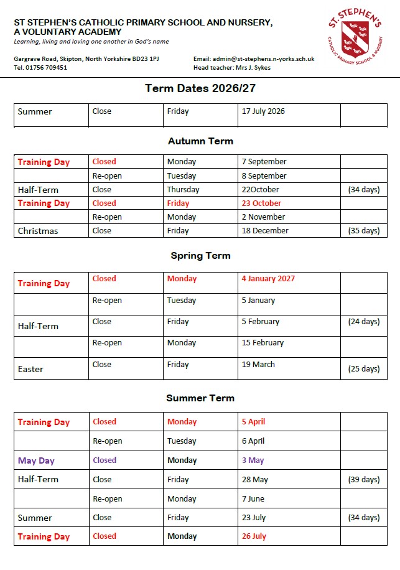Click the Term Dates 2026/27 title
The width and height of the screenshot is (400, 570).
click(x=200, y=88)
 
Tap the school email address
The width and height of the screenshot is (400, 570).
click(x=263, y=58)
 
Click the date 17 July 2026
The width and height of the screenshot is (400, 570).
click(x=263, y=111)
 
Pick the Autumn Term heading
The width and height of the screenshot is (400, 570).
click(x=200, y=141)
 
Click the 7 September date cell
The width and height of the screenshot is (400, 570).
click(x=264, y=162)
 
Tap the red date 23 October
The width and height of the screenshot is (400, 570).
click(x=261, y=203)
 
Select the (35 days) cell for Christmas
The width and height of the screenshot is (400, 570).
click(x=363, y=231)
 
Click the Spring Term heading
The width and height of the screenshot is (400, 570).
click(x=200, y=256)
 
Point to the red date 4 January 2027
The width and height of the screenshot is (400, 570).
click(x=268, y=279)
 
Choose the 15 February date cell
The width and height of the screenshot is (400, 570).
click(x=263, y=343)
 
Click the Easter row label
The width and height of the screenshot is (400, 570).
click(x=30, y=369)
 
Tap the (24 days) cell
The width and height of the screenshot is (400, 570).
click(x=363, y=322)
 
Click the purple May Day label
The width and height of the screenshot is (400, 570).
click(x=36, y=461)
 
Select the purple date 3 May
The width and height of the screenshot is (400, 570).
click(x=253, y=460)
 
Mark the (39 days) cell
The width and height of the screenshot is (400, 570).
click(x=363, y=480)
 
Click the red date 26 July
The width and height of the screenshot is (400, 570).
click(x=254, y=536)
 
